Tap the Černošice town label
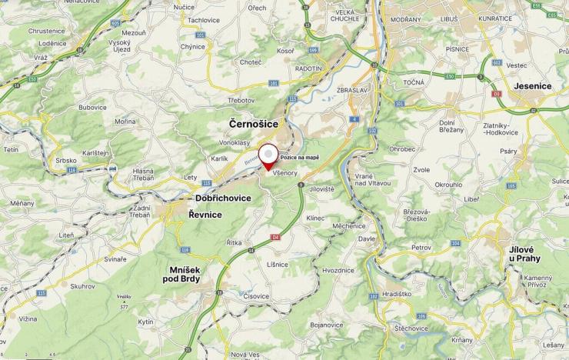[254, 123]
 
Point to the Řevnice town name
[205, 215]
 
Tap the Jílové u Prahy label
[527, 254]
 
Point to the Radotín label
[308, 68]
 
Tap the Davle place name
[366, 238]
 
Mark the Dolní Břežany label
[451, 126]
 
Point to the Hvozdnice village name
[338, 270]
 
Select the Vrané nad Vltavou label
[374, 178]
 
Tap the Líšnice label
[278, 264]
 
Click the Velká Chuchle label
[345, 15]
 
